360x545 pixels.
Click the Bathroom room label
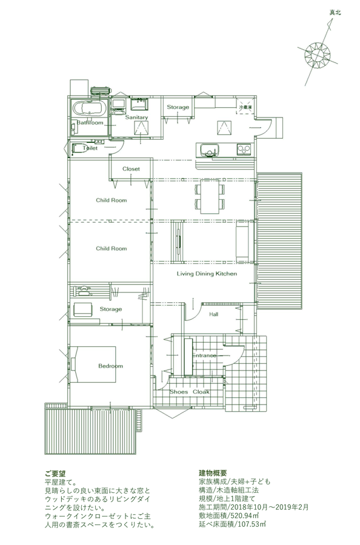tap(90, 123)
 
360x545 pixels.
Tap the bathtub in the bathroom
tap(89, 108)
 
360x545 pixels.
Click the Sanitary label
tap(136, 117)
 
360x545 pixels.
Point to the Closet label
tap(131, 169)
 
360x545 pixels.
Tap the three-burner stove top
tap(244, 150)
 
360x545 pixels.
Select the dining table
tap(209, 196)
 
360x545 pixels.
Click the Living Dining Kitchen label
tap(207, 274)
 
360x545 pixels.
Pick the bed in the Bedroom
tap(93, 364)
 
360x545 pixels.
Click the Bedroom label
tap(111, 366)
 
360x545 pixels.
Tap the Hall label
tap(213, 314)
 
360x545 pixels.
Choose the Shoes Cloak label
tap(190, 392)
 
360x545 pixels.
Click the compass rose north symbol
tap(318, 54)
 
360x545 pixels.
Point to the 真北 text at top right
tap(335, 13)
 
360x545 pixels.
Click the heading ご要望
tap(55, 474)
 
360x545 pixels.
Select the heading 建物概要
tap(213, 473)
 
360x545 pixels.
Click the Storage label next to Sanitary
tap(178, 107)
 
